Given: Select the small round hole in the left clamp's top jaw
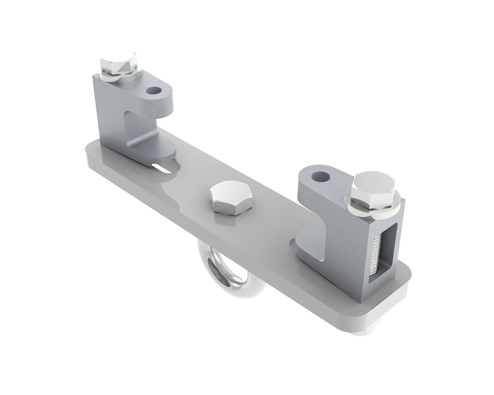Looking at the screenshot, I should click(154, 90).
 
